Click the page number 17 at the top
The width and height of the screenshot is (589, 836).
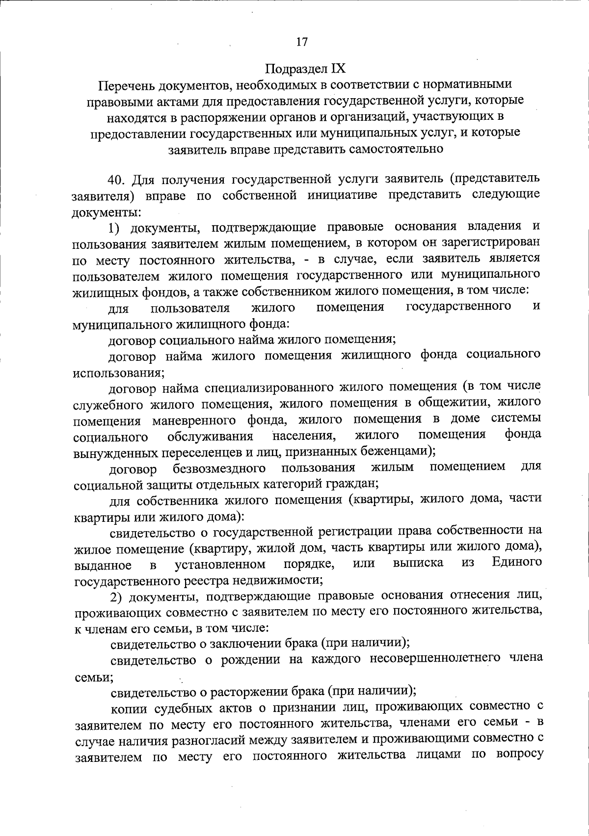(x=302, y=42)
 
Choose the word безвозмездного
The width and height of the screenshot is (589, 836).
(x=219, y=468)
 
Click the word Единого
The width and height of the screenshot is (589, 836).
(x=517, y=562)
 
